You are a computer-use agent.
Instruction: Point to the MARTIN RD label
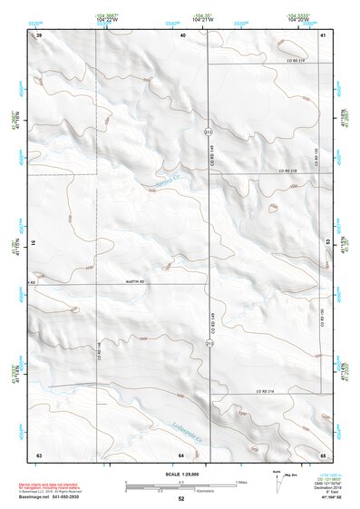pos(135,283)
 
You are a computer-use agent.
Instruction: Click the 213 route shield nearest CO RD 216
pos(209,345)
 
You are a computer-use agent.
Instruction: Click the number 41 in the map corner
pos(323,34)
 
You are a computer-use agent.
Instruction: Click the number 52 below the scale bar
pos(181,499)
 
